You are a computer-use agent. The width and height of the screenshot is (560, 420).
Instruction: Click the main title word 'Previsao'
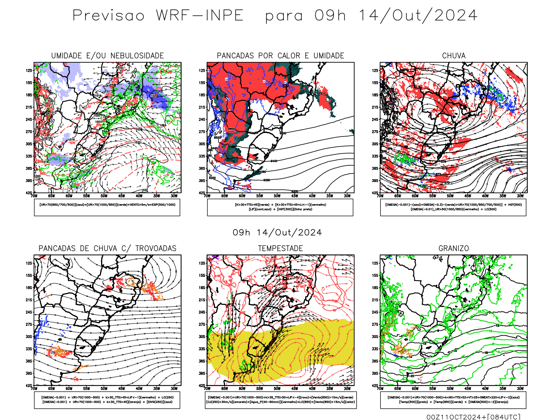click(x=108, y=16)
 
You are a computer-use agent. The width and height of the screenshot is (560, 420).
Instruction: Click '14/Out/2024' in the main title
click(x=418, y=16)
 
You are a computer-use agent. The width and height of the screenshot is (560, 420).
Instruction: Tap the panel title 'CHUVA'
click(x=454, y=56)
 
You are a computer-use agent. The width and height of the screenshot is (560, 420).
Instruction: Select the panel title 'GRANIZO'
click(x=454, y=248)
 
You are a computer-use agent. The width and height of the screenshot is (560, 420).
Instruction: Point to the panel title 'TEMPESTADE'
click(x=280, y=248)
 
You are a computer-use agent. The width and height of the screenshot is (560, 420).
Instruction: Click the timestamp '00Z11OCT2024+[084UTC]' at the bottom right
click(x=473, y=417)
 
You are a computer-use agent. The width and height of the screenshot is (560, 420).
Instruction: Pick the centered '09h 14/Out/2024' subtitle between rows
click(x=277, y=233)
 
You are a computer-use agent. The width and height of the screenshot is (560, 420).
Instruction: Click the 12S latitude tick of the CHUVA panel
click(x=375, y=70)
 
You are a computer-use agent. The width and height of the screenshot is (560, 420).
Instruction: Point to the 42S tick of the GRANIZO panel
click(x=375, y=385)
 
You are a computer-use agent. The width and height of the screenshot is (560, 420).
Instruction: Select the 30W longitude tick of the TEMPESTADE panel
click(x=347, y=388)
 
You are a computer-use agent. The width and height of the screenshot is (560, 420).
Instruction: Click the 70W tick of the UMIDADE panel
click(x=34, y=196)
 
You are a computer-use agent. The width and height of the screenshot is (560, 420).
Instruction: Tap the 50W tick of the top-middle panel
click(x=277, y=196)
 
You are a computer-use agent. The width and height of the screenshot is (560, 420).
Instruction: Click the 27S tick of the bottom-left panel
click(x=29, y=324)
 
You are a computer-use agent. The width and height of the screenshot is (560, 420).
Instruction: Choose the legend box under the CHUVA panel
click(x=453, y=207)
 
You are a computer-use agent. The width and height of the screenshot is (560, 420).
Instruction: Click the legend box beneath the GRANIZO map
click(x=453, y=400)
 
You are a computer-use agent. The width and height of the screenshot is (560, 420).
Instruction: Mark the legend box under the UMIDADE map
click(x=107, y=207)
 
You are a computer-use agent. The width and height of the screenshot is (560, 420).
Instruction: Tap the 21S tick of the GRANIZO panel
click(x=375, y=300)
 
